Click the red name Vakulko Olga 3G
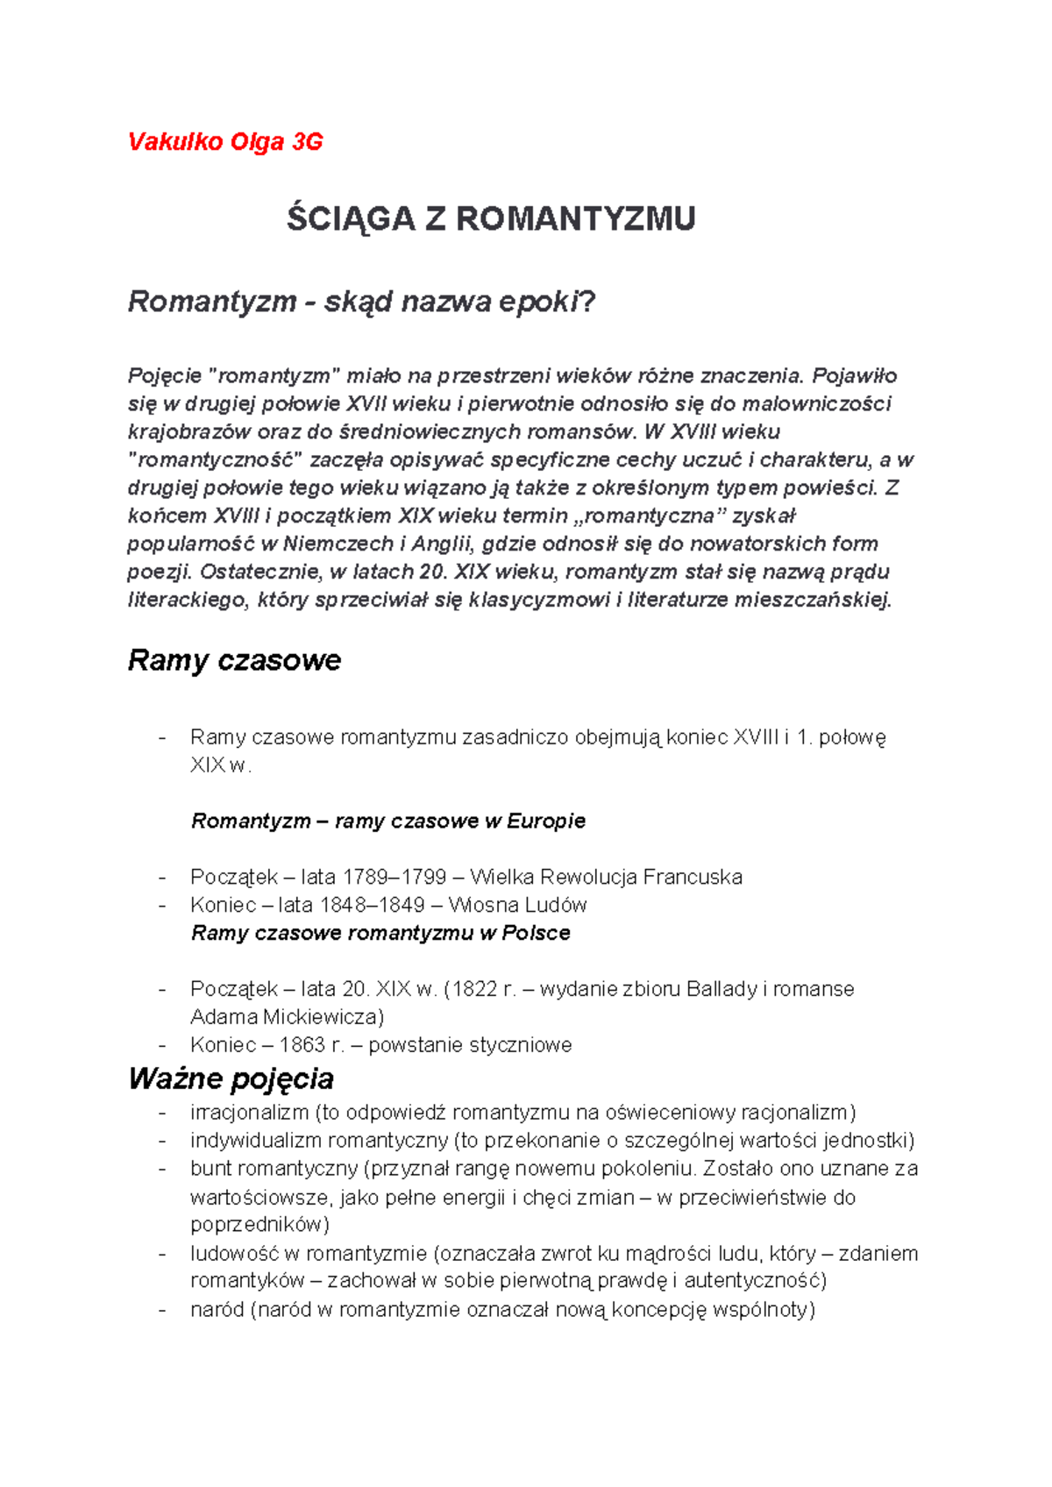tap(225, 142)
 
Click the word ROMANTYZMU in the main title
tap(575, 219)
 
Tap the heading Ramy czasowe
tap(234, 660)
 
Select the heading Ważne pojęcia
tap(231, 1078)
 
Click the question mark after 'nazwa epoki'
tap(588, 302)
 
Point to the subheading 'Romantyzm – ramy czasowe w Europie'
tap(388, 822)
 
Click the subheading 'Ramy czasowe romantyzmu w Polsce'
tap(380, 933)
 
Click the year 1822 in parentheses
tap(475, 989)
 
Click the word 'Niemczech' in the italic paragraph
tap(338, 544)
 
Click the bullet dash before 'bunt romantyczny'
tap(162, 1170)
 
